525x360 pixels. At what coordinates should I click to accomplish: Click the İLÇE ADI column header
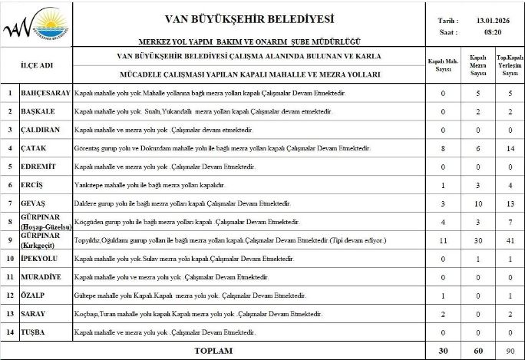point(36,65)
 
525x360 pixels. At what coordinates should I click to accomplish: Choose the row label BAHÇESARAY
point(45,93)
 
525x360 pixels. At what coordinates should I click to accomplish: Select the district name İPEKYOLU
point(41,259)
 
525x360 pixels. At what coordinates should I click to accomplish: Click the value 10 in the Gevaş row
point(478,203)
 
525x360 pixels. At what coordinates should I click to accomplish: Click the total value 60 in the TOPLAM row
point(478,351)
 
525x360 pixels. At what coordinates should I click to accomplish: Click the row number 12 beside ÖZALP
point(10,296)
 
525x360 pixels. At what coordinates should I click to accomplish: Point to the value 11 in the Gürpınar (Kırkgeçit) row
point(443,240)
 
